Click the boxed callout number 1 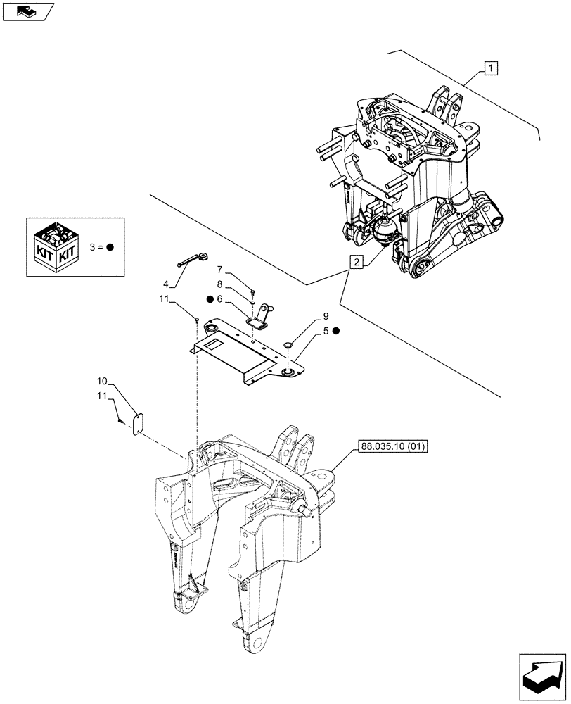[490, 68]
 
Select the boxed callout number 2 [357, 263]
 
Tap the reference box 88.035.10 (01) [393, 446]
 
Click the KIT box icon [56, 247]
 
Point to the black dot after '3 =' [111, 247]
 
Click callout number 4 [166, 284]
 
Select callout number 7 [220, 270]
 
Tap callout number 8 [220, 284]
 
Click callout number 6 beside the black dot [220, 299]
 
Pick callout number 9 [326, 316]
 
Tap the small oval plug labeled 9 [289, 345]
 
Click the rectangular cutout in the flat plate [214, 344]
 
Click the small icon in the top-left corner [28, 11]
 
